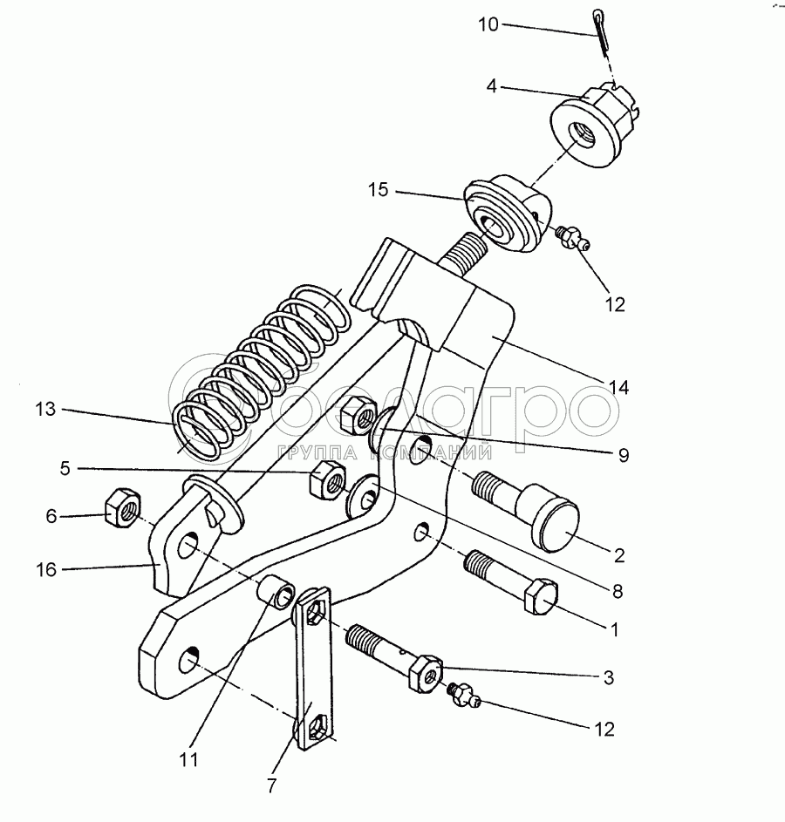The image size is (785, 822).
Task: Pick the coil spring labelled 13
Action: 262,366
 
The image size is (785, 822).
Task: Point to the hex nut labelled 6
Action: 118,506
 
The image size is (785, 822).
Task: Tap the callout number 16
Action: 46,570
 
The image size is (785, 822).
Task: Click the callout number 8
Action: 618,592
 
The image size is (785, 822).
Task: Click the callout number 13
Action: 46,409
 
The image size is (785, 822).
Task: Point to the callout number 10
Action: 488,24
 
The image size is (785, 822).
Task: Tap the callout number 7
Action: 271,785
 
